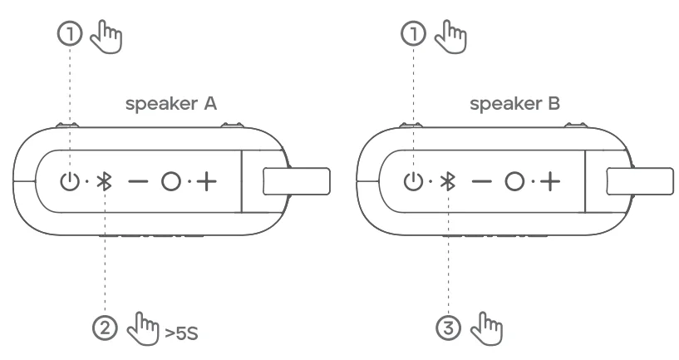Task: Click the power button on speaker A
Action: (71, 181)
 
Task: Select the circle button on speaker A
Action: (171, 181)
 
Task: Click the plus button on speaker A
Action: (204, 181)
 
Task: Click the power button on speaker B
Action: (413, 181)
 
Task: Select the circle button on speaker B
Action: (514, 181)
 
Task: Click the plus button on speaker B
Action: (547, 181)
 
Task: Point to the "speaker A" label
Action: (171, 104)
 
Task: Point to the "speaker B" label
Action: (514, 104)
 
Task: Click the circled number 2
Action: (106, 325)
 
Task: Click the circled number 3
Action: (449, 325)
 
